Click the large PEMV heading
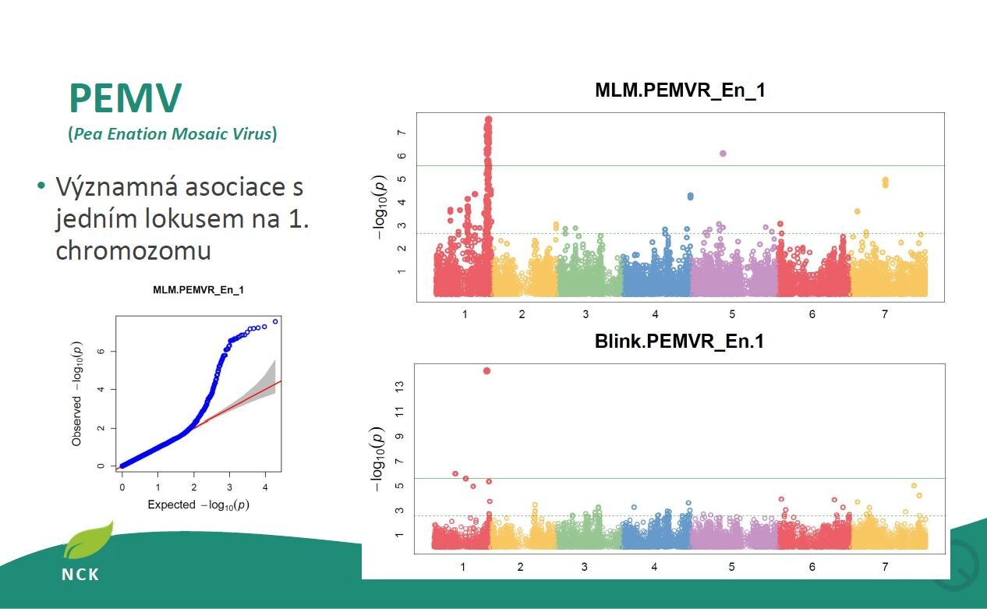click(x=126, y=97)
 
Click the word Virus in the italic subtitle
click(x=252, y=133)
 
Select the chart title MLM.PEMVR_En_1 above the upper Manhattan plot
click(x=680, y=90)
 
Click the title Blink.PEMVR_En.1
click(x=679, y=342)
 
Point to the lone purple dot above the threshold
click(x=723, y=154)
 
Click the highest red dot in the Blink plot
click(x=486, y=371)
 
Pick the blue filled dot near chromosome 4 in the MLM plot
click(x=691, y=196)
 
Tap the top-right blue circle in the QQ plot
click(x=275, y=322)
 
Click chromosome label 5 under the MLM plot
click(x=732, y=314)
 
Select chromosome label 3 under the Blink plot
click(x=584, y=567)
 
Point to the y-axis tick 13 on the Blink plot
click(x=399, y=387)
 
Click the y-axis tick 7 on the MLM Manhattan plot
click(x=402, y=133)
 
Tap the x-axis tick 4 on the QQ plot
click(x=265, y=487)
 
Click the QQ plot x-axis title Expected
click(x=171, y=505)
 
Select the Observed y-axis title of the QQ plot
click(x=76, y=421)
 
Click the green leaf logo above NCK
click(x=89, y=540)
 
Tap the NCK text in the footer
click(x=80, y=575)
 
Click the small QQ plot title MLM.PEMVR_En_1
click(x=198, y=290)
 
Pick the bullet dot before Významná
click(x=41, y=185)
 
